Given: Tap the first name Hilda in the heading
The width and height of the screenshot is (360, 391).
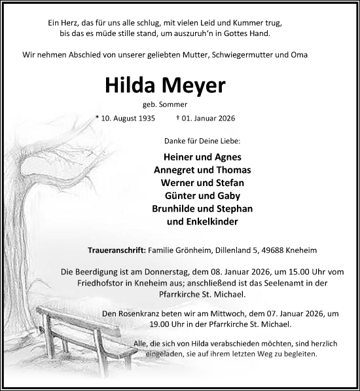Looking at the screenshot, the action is [126, 86].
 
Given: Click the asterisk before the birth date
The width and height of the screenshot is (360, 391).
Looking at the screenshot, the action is [97, 118].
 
